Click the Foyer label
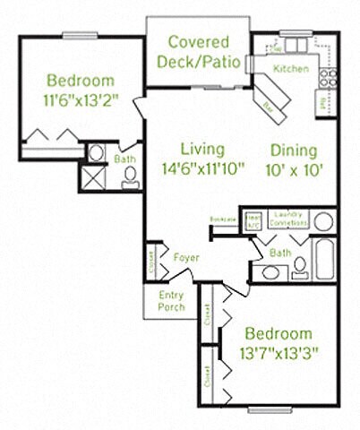pyautogui.click(x=185, y=259)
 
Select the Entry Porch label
pyautogui.click(x=172, y=300)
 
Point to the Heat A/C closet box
pyautogui.click(x=253, y=219)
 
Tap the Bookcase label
pyautogui.click(x=224, y=219)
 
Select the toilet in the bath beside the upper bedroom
pyautogui.click(x=131, y=179)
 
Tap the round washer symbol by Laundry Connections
pyautogui.click(x=323, y=220)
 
